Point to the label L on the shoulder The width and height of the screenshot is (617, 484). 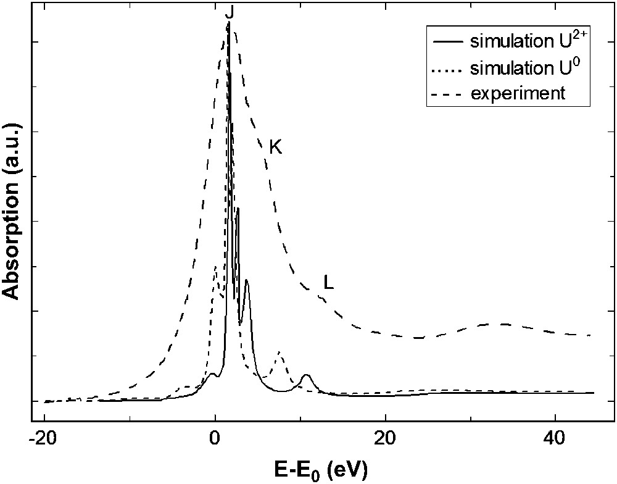click(329, 283)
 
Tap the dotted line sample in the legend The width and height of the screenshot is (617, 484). click(448, 69)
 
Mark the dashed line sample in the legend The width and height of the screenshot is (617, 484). click(448, 94)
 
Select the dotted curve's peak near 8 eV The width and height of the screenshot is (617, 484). click(280, 352)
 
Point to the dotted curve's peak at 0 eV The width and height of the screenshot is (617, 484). click(215, 267)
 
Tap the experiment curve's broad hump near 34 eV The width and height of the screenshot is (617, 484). click(503, 323)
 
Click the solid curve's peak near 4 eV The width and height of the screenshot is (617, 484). click(246, 280)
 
